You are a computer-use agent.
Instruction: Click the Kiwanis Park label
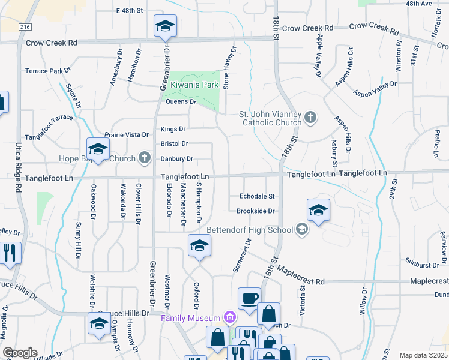click(193, 85)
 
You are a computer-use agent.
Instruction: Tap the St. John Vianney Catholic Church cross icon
click(310, 117)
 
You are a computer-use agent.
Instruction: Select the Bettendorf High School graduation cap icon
click(301, 229)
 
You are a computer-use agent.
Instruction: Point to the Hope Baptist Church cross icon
click(144, 158)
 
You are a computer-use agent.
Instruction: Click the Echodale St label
click(256, 196)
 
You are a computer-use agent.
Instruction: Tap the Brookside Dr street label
click(255, 211)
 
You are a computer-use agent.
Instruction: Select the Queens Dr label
click(181, 102)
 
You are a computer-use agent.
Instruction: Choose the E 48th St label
click(130, 11)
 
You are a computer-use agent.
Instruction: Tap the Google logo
click(20, 353)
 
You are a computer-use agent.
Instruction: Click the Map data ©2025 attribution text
click(423, 355)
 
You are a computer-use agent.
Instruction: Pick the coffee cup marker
click(249, 298)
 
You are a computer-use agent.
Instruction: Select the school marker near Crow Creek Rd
click(165, 26)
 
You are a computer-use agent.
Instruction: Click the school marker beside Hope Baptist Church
click(98, 149)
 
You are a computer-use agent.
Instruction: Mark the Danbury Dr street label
click(176, 159)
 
